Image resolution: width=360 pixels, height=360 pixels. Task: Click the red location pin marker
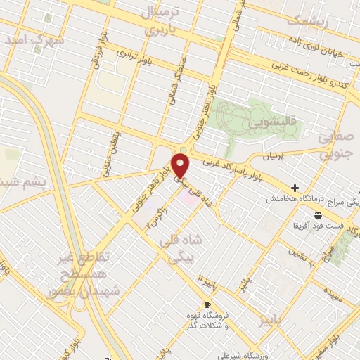click(181, 166)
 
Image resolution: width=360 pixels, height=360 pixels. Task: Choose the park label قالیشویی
click(268, 124)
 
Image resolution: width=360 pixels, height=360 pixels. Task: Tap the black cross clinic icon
click(295, 188)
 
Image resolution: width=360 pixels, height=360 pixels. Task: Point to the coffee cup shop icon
click(207, 304)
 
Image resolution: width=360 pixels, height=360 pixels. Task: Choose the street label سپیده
click(333, 298)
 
